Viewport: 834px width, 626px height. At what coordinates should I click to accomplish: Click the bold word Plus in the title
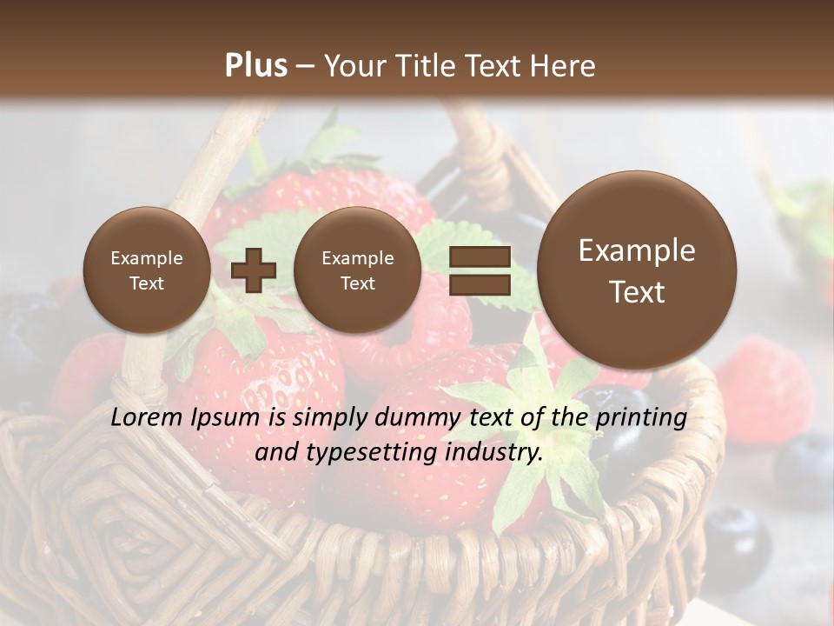pos(255,65)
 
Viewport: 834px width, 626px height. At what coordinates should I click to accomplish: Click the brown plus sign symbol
pos(253,270)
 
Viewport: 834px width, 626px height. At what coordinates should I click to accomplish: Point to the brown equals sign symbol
pos(480,270)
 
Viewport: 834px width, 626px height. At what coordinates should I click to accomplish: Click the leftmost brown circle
pos(146,270)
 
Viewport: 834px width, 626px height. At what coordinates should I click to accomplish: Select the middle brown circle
pos(357,270)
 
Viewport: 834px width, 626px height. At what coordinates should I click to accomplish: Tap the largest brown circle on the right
pos(637,270)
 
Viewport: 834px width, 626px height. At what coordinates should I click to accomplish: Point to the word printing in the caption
pos(641,418)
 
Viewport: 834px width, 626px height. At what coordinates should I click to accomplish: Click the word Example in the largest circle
pos(637,250)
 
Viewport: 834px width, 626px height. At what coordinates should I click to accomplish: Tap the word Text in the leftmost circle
pos(146,283)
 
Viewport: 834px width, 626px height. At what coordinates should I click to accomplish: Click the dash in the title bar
pos(305,66)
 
